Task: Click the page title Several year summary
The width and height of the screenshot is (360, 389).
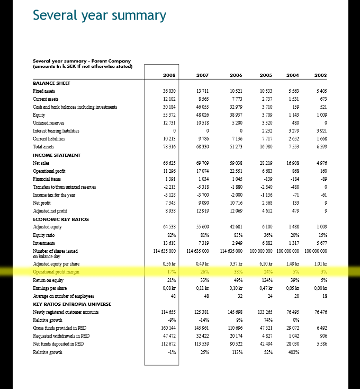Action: click(x=100, y=15)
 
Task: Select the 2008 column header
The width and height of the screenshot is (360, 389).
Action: click(x=169, y=75)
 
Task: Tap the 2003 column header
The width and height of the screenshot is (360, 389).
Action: click(x=320, y=75)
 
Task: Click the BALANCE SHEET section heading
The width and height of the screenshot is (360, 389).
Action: click(x=51, y=83)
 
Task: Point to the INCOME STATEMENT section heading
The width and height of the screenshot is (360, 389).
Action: click(x=57, y=155)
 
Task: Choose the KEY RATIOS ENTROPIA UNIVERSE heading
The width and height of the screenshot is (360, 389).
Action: click(x=72, y=304)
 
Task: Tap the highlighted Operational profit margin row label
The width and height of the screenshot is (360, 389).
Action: click(x=56, y=271)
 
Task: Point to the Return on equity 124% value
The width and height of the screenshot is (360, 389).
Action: click(x=267, y=279)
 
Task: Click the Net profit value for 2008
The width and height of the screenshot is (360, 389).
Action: click(x=170, y=203)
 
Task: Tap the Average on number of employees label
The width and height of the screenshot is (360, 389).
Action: click(x=63, y=296)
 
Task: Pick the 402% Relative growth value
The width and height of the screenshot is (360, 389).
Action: click(x=293, y=352)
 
